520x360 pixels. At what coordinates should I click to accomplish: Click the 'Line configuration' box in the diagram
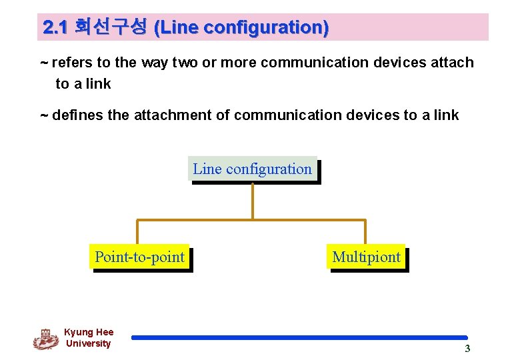coord(252,169)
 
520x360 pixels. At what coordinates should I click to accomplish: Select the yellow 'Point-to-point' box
coord(139,257)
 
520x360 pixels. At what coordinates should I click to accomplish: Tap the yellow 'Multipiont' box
coord(366,257)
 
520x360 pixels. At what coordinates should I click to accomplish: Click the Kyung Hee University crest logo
coord(45,339)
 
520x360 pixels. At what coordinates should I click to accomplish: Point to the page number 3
coord(467,349)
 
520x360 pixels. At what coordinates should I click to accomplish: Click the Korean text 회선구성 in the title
coord(111,27)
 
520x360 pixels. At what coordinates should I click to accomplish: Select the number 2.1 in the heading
coord(55,27)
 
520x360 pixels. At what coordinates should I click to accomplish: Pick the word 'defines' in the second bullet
coord(77,115)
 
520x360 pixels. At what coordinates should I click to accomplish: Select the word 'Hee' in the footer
coord(105,332)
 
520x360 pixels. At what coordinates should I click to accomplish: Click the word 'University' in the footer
coord(88,343)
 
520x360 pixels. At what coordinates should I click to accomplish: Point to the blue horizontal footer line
coord(299,338)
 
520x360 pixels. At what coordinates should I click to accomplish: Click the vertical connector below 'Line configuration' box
coord(253,201)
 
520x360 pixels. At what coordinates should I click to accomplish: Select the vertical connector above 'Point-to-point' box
coord(138,232)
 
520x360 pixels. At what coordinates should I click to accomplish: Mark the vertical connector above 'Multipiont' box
coord(365,232)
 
